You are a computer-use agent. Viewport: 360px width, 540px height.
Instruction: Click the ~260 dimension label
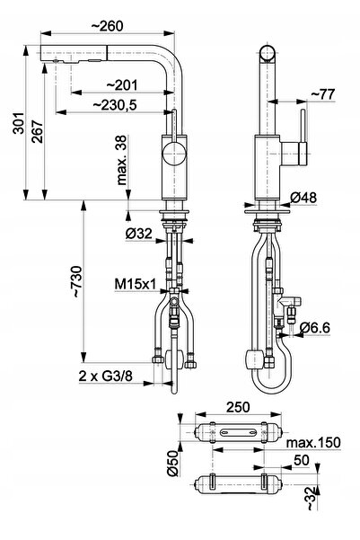(108, 26)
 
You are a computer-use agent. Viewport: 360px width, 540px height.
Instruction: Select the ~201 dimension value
(121, 85)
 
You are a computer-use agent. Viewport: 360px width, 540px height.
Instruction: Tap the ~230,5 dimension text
(115, 105)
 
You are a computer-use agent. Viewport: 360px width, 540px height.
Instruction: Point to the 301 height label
(18, 122)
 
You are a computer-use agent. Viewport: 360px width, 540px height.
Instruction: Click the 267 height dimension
(38, 131)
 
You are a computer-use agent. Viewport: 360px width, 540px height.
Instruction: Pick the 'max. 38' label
(121, 160)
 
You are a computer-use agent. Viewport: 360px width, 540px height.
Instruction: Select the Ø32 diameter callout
(138, 234)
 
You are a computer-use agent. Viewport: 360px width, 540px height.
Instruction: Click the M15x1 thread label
(136, 284)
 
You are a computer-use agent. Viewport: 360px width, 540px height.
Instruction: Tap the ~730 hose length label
(76, 281)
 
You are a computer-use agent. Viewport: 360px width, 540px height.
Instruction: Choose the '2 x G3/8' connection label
(105, 376)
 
